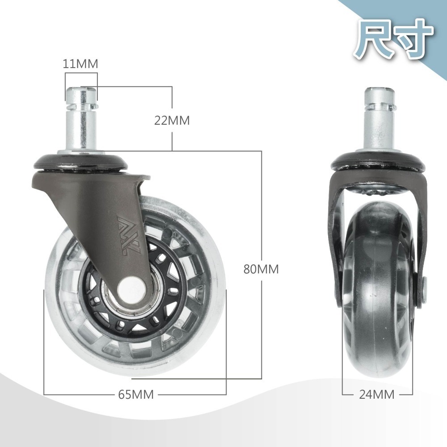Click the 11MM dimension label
(80, 64)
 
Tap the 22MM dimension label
(172, 120)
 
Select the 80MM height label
(261, 269)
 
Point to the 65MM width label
(136, 394)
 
